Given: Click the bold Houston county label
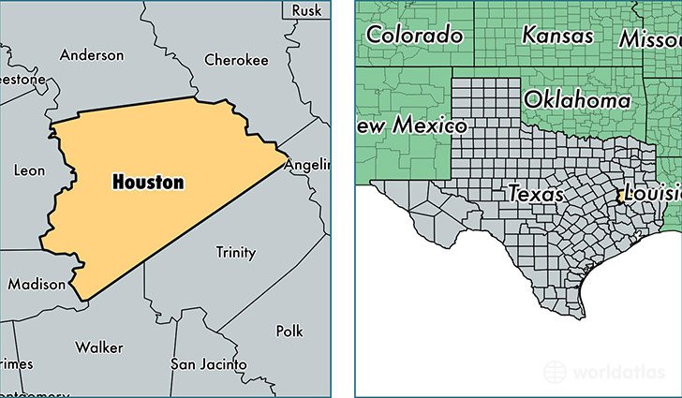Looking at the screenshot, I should pos(147,182).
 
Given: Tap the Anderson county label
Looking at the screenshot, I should pos(92,55).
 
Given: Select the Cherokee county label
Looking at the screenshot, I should pos(236,60).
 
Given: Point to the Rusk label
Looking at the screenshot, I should pos(305,9).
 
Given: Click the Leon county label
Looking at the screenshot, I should pos(29,170).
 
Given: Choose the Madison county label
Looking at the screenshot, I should pos(37,284).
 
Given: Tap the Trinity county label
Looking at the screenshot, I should pos(235,252).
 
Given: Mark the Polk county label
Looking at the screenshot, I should pos(289,332).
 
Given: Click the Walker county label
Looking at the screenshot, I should pos(99,347).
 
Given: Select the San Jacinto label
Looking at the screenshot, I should pos(208,363).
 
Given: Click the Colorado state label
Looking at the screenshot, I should pos(414,36).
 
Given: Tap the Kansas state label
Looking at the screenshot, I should pos(557,35).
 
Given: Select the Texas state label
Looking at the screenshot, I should pos(536,194).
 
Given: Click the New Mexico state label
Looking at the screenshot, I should pos(410,125).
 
